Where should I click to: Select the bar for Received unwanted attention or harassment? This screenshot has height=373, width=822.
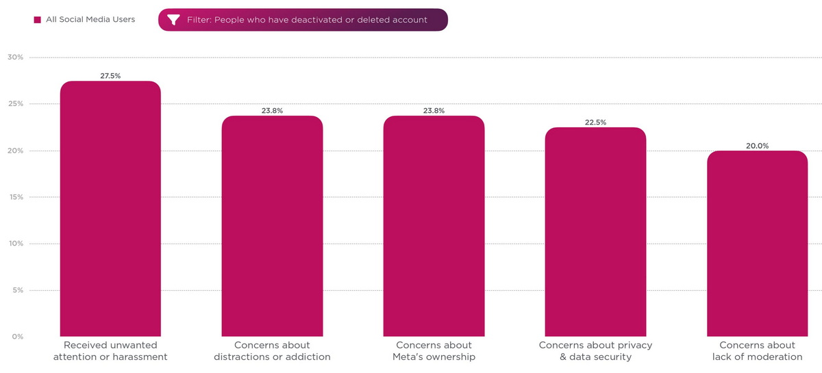(x=110, y=209)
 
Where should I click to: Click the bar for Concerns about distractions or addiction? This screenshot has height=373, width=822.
(x=272, y=226)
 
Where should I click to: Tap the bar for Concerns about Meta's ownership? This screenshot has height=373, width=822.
(x=434, y=226)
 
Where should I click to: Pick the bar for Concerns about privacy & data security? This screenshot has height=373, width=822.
(x=595, y=232)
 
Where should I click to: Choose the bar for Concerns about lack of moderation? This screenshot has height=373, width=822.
(x=757, y=244)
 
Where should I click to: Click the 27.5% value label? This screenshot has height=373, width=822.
(x=110, y=76)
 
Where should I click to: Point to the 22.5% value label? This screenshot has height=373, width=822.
(x=595, y=123)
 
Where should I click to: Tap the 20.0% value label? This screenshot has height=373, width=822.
(x=757, y=146)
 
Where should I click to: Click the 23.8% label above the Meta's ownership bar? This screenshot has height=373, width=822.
(x=434, y=111)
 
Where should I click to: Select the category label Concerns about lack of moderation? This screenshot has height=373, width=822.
(x=757, y=351)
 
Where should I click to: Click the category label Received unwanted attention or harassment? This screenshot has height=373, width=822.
(x=110, y=351)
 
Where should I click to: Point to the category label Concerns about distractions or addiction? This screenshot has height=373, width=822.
(x=272, y=351)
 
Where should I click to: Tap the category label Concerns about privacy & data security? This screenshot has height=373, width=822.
(x=595, y=351)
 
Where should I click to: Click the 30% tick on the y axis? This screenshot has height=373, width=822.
(x=15, y=57)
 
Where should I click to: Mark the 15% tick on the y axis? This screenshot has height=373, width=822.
(x=15, y=197)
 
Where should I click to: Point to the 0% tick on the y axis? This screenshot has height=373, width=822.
(x=16, y=337)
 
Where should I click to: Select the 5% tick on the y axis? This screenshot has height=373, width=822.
(x=16, y=290)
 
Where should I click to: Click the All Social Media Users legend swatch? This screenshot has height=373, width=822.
(x=38, y=20)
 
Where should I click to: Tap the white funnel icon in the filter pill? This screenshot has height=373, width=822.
(x=173, y=20)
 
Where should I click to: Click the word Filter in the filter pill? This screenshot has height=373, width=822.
(x=199, y=20)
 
